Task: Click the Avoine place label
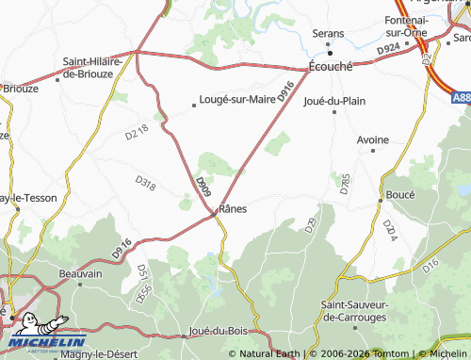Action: pyautogui.click(x=372, y=139)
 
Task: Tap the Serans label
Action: pyautogui.click(x=330, y=33)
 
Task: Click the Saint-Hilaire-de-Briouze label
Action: pyautogui.click(x=93, y=68)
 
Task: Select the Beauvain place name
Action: pyautogui.click(x=80, y=273)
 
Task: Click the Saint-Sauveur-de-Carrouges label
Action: pyautogui.click(x=361, y=310)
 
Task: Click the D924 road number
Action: pyautogui.click(x=386, y=49)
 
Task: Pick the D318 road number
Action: pyautogui.click(x=145, y=181)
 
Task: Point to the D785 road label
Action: pyautogui.click(x=344, y=184)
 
